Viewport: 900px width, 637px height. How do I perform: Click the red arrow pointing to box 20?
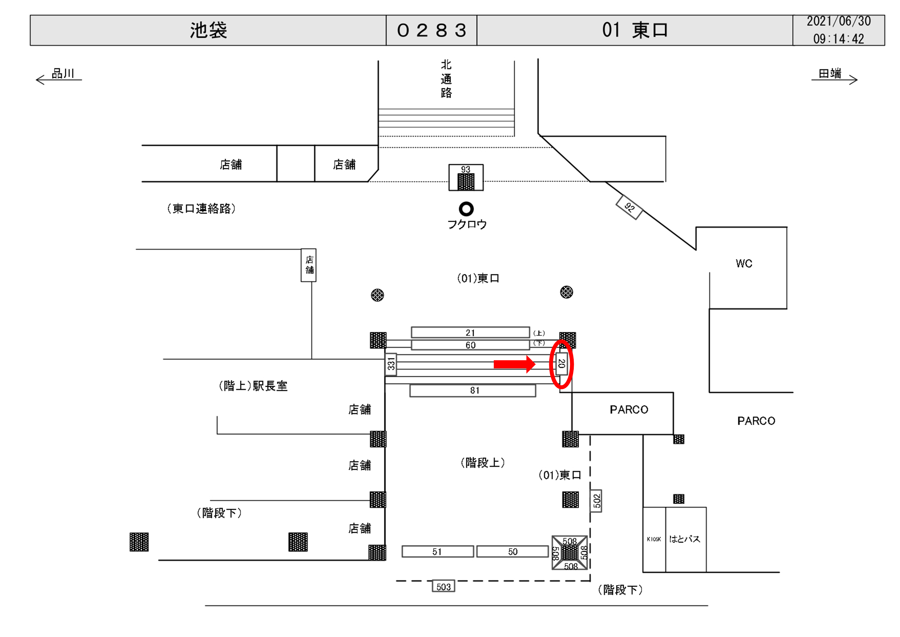[514, 364]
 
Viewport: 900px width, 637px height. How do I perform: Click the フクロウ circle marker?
[466, 209]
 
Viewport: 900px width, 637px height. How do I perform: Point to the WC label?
[744, 263]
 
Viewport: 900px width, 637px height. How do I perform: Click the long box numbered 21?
[470, 333]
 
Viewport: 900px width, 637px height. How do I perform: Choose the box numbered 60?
[470, 345]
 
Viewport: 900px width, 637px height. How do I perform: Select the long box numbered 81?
[473, 391]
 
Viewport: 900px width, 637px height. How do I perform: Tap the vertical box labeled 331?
[391, 364]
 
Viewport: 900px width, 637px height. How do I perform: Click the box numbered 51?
[437, 551]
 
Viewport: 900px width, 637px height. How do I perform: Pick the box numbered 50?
[512, 551]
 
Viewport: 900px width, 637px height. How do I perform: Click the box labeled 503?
[443, 586]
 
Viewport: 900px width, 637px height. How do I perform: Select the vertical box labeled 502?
[596, 501]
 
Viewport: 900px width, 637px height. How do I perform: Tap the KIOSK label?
[654, 539]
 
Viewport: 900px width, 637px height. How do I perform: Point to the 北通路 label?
[446, 78]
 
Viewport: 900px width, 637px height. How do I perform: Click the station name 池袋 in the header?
[208, 30]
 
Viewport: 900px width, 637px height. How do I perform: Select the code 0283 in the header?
[431, 30]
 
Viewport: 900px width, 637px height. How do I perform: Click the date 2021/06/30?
[838, 21]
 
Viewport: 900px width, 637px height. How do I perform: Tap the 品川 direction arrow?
[59, 80]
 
